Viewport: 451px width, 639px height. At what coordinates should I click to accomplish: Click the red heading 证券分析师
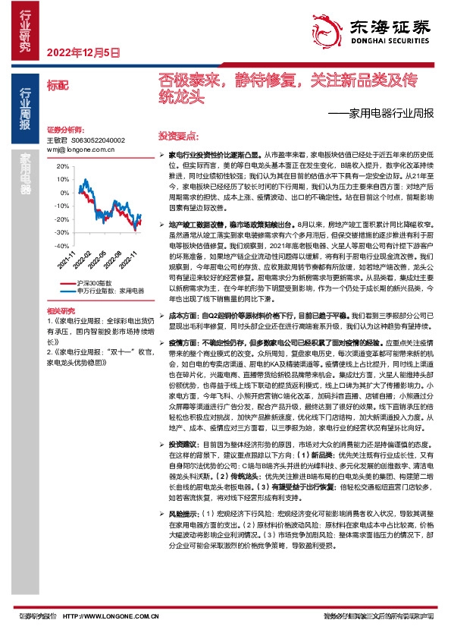tap(64, 131)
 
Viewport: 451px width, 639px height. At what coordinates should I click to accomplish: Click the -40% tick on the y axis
tap(61, 246)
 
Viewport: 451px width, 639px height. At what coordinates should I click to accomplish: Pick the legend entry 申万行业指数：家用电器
tap(110, 289)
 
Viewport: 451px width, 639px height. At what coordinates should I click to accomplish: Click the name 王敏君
tap(57, 140)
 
